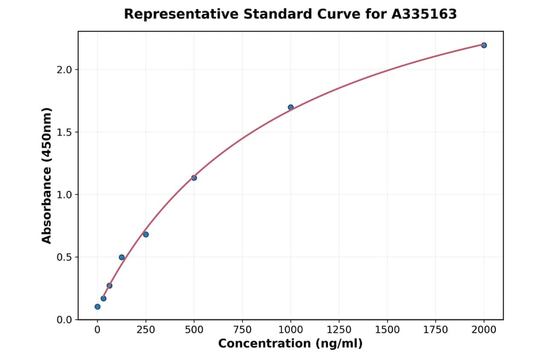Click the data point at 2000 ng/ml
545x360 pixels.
[x=484, y=45]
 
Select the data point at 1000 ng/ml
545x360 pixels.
[x=291, y=107]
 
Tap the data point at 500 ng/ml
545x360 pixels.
[x=194, y=178]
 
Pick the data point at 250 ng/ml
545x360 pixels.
[x=145, y=235]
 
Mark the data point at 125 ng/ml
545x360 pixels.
[x=122, y=258]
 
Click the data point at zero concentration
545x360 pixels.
[x=97, y=307]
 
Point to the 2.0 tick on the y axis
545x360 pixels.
[x=64, y=70]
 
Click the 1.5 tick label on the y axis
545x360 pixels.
[x=64, y=132]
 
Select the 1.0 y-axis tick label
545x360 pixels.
[x=64, y=195]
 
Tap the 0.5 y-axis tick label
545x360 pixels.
[x=64, y=257]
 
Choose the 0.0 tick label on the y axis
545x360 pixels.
[x=64, y=319]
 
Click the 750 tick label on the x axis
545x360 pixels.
[x=242, y=330]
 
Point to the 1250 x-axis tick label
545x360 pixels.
[x=339, y=330]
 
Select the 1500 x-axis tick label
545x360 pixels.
[x=388, y=330]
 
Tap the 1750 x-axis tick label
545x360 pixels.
[x=435, y=330]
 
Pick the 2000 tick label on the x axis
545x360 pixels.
[x=484, y=330]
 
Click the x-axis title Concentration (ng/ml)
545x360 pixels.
[x=291, y=344]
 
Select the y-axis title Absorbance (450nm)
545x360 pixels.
[x=47, y=175]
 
